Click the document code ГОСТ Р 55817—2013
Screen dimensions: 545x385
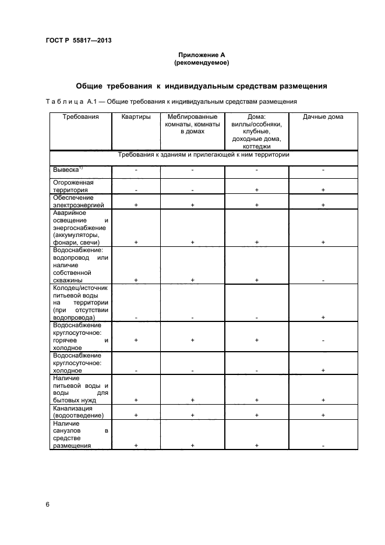coord(78,40)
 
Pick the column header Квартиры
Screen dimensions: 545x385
coord(136,117)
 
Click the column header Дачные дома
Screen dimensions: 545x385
coord(323,117)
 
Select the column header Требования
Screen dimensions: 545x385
coord(80,117)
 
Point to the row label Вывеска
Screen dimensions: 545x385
coord(66,169)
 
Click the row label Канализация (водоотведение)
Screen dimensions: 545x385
coord(78,412)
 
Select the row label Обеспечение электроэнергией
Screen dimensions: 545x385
coord(79,201)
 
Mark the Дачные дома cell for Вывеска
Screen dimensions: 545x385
coord(323,169)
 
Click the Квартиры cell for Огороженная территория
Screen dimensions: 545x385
coord(136,190)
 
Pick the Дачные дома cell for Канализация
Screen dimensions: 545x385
coord(323,416)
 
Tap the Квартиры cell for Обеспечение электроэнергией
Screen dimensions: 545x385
coord(136,206)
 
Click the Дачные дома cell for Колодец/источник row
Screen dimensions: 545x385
coord(323,317)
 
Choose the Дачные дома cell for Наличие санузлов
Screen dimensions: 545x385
coord(323,445)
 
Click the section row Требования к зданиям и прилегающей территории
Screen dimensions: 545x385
coord(203,155)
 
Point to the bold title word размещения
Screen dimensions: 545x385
coord(296,86)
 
